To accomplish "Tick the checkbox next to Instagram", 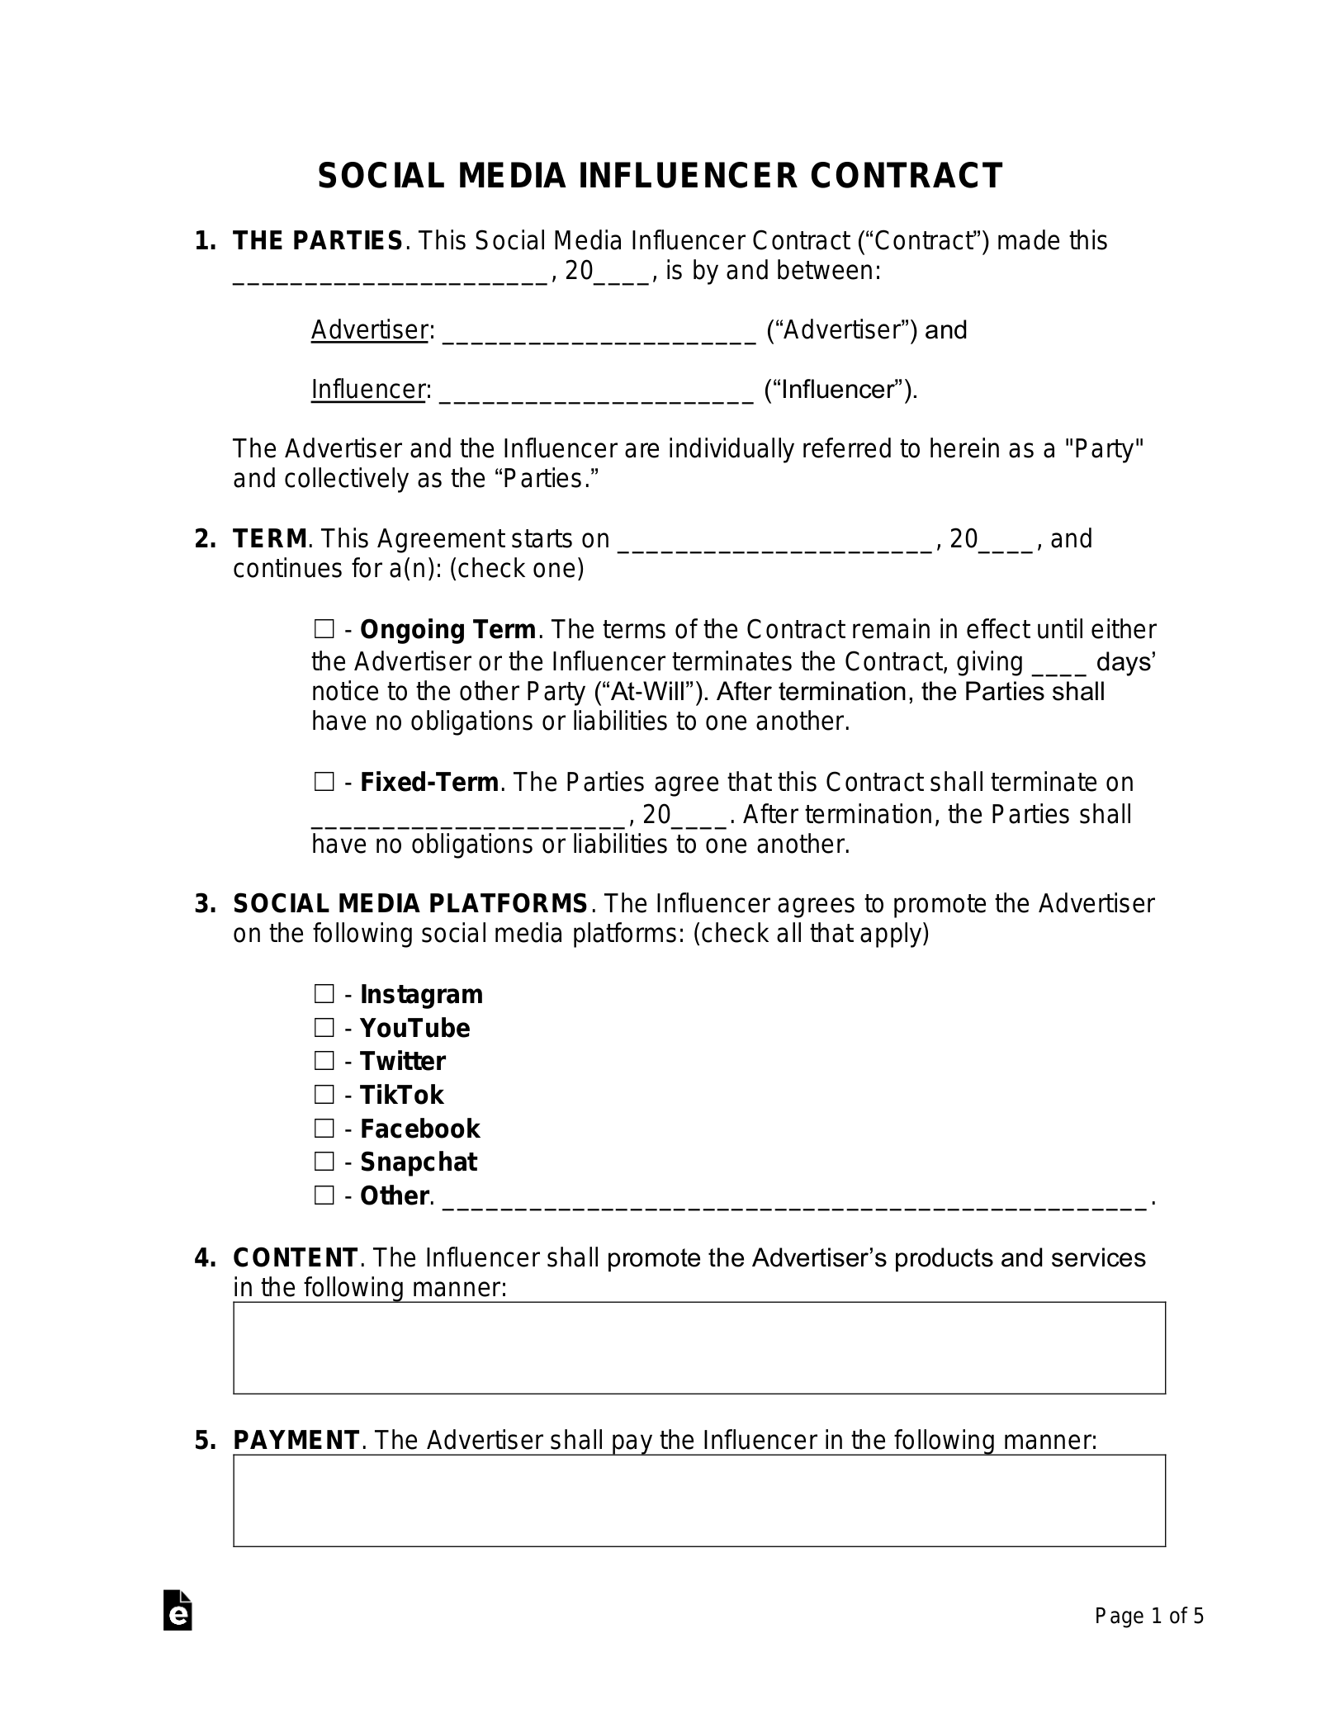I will click(x=324, y=993).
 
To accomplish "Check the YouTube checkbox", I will click(x=324, y=1027).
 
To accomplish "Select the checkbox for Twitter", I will click(x=324, y=1060).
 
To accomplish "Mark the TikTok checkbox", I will click(x=324, y=1094).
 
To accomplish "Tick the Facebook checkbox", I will click(x=324, y=1128).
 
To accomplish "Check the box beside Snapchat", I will click(x=324, y=1161).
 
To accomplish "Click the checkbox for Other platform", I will click(x=324, y=1195).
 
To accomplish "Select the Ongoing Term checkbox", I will click(x=324, y=629).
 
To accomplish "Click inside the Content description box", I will click(x=698, y=1347).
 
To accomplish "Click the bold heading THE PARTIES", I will click(x=318, y=241).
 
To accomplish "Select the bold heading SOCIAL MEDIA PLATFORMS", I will click(x=410, y=903).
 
